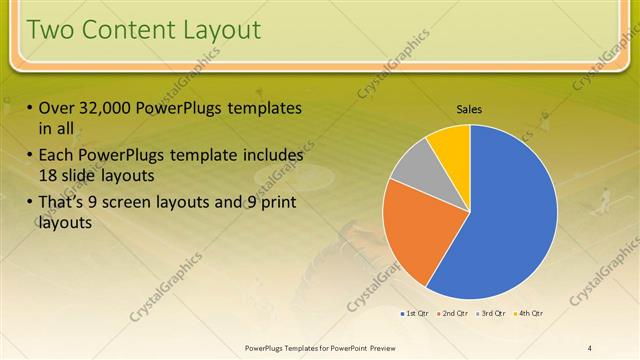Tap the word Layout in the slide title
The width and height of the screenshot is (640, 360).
point(216,30)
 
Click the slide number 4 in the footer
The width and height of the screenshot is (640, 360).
point(590,347)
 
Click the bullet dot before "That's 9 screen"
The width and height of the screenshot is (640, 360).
point(30,204)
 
